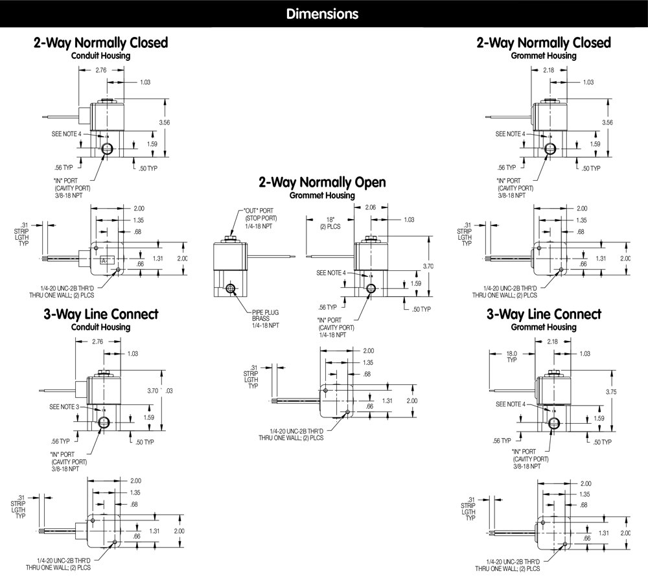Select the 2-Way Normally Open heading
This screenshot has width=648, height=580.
[321, 183]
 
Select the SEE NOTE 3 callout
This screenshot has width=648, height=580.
[65, 406]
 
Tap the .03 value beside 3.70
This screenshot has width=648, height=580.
[169, 391]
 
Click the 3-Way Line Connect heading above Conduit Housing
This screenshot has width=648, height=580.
[100, 314]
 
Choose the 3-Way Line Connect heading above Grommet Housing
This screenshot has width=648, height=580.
[544, 314]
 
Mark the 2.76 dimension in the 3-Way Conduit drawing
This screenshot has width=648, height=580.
[98, 340]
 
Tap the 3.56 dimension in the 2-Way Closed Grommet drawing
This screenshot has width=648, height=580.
[607, 123]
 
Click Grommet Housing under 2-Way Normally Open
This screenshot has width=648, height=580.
[321, 196]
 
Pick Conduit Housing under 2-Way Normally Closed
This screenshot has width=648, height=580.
[100, 56]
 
